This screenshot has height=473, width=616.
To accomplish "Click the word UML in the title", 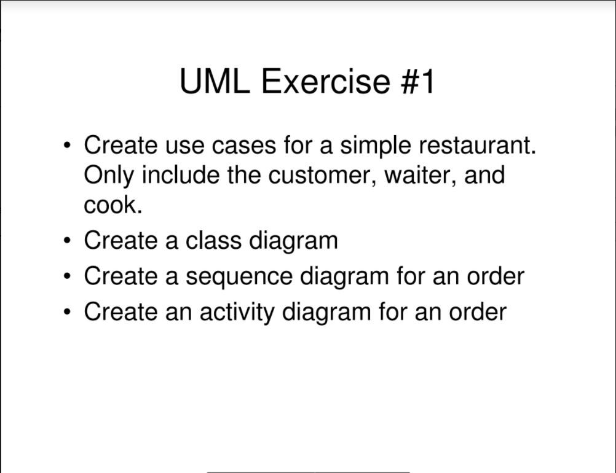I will click(x=215, y=81).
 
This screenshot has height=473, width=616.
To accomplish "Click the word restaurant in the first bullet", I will click(x=478, y=146).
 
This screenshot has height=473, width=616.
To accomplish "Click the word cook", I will click(x=113, y=205).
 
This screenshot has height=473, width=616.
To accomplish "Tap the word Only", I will click(x=109, y=175).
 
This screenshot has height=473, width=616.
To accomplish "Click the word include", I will click(x=181, y=175).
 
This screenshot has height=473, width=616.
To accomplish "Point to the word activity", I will click(x=237, y=312).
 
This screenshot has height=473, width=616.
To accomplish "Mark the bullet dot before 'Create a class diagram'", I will click(x=66, y=241).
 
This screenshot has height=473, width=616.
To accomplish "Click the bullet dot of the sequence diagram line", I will click(x=66, y=276).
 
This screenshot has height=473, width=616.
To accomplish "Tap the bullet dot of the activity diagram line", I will click(x=66, y=312).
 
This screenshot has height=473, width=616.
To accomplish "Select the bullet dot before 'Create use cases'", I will click(x=66, y=146).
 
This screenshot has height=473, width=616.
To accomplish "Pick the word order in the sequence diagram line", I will click(x=495, y=276).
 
